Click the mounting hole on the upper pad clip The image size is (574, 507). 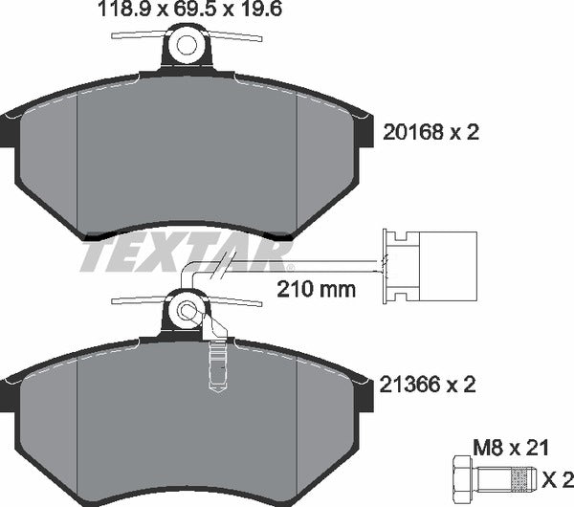point(188,45)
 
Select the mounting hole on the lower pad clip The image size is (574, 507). point(188,310)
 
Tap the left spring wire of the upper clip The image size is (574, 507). point(139,35)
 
